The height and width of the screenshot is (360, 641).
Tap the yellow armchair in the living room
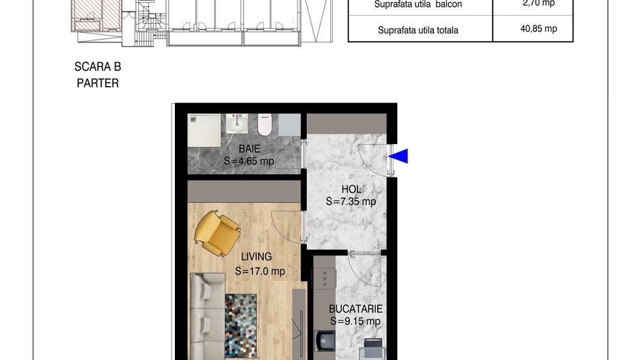217,234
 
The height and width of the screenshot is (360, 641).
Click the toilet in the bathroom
265,124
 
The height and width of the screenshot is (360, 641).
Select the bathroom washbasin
237,124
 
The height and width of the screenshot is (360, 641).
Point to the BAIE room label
249,148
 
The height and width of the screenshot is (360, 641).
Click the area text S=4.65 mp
249,161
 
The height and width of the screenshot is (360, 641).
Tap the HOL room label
351,189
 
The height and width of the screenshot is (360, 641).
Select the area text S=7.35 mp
351,202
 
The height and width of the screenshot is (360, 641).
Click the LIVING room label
256,257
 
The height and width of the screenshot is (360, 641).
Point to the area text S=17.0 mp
260,271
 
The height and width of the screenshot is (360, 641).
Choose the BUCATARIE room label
355,309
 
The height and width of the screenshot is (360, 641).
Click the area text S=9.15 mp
355,321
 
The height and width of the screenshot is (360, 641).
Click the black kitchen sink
325,341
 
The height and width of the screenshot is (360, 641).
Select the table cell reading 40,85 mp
538,29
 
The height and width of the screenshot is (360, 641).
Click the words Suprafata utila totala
418,30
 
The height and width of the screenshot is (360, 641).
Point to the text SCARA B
98,67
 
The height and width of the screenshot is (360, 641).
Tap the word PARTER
98,83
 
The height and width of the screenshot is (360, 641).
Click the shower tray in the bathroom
204,130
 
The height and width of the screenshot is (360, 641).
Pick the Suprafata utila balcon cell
420,7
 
